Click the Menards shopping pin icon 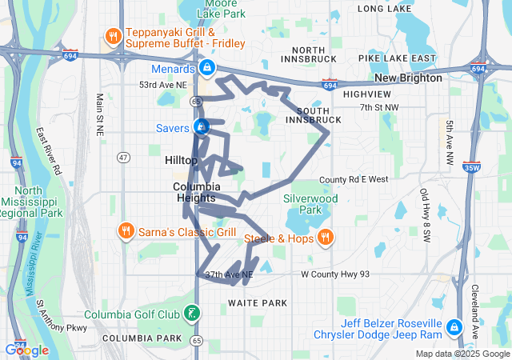(207, 67)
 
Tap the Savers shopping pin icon (202, 127)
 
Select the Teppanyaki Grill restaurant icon (113, 35)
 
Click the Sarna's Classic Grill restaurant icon (126, 232)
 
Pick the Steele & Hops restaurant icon (325, 237)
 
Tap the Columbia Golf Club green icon (191, 313)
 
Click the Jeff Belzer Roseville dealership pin (454, 326)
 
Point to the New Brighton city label (408, 78)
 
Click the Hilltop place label (181, 161)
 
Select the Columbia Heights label (196, 192)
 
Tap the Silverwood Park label (310, 204)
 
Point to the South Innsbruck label (318, 114)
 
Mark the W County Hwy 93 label (335, 274)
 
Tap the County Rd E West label (353, 180)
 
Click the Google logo (26, 350)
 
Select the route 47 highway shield (123, 158)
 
